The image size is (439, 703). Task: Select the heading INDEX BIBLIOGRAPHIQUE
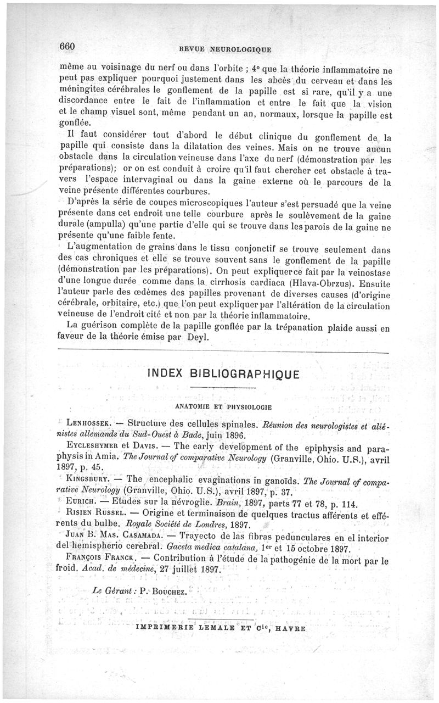point(223,375)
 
